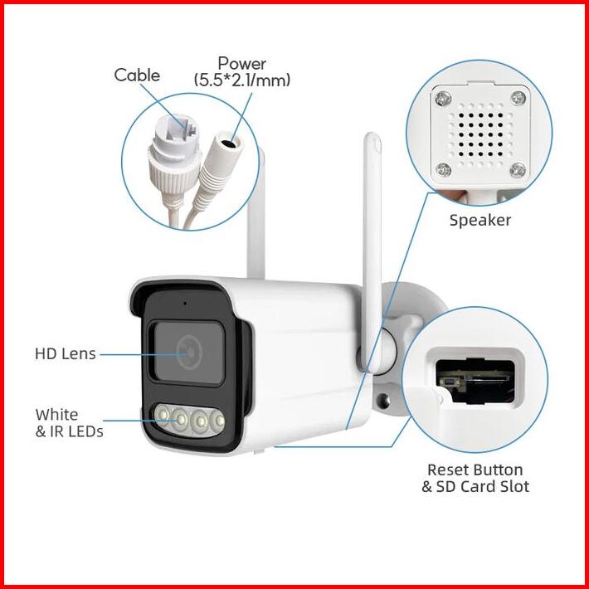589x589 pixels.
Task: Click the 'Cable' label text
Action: pos(137,75)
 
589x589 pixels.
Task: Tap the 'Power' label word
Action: pos(241,63)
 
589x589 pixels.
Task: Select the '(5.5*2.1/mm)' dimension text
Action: pos(241,80)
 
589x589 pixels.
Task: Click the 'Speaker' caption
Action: pos(479,220)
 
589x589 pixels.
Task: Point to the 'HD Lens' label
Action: pos(65,353)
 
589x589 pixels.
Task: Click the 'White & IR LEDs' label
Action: pos(69,422)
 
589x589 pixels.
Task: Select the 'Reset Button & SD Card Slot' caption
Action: pos(475,479)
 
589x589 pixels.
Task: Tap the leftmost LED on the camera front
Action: pos(162,415)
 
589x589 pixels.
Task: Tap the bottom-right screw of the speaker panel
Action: pos(517,169)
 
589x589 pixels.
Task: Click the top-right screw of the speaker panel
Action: pos(518,97)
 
